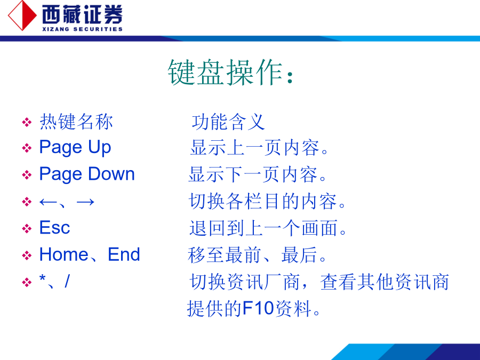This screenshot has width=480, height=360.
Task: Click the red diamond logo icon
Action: (22, 15)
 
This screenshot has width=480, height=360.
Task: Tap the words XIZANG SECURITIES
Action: (82, 29)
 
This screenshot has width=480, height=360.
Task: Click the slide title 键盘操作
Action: (225, 72)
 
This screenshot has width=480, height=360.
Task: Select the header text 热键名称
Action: (76, 122)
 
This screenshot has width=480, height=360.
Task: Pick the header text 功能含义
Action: (228, 122)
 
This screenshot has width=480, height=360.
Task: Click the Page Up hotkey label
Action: (75, 148)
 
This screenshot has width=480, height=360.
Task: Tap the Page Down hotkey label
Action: (87, 174)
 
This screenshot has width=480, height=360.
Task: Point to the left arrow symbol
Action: (48, 202)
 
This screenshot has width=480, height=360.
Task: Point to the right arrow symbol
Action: (85, 202)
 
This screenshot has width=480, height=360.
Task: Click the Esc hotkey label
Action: (55, 227)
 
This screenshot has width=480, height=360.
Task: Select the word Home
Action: (64, 254)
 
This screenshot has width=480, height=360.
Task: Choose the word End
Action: (124, 254)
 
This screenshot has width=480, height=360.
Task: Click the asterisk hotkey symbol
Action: (43, 278)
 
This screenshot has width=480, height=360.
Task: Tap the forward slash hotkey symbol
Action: (67, 281)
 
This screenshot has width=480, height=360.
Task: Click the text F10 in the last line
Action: (258, 308)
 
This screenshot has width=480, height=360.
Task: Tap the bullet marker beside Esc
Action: (27, 228)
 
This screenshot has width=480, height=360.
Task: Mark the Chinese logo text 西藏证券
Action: (82, 14)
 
